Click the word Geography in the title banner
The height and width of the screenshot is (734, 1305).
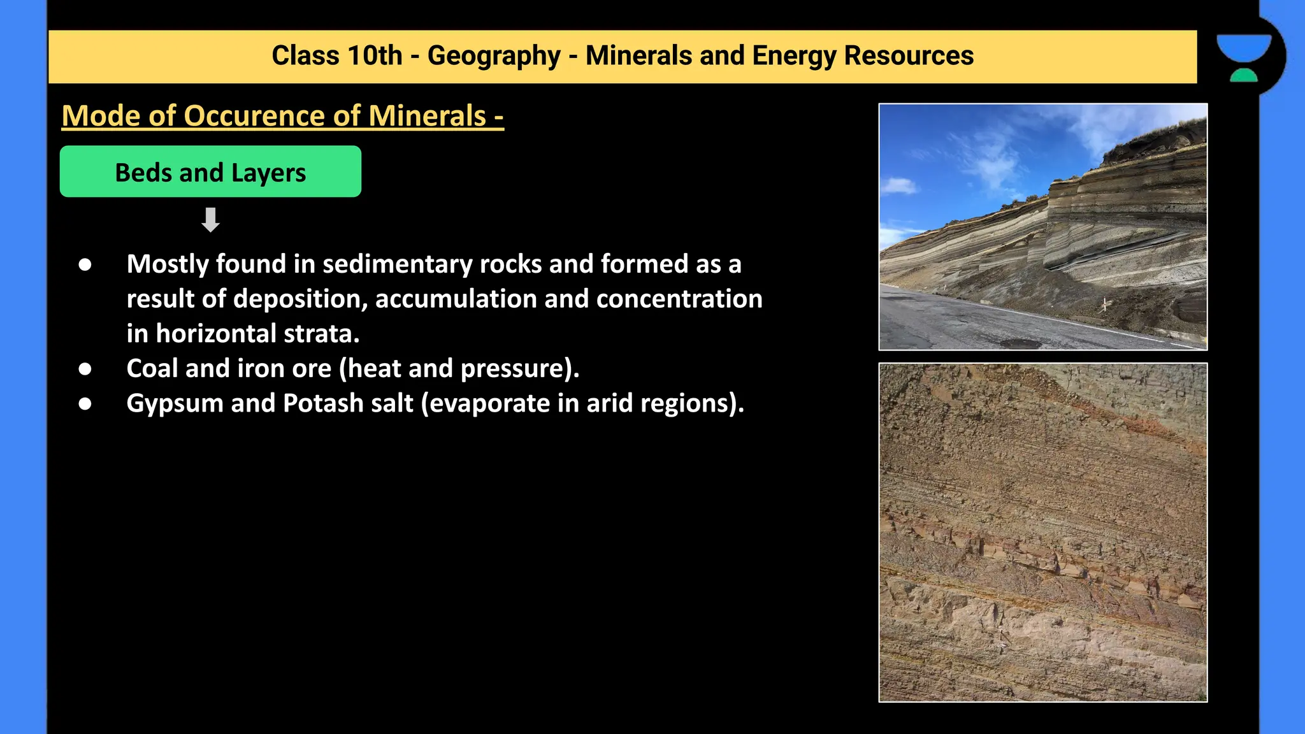[493, 56]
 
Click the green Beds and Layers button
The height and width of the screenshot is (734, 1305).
[210, 172]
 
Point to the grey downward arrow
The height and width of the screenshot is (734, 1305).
[210, 220]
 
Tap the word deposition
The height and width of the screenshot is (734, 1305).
[300, 299]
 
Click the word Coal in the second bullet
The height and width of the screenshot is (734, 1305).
[152, 368]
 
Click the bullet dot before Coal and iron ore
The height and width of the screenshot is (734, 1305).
[85, 369]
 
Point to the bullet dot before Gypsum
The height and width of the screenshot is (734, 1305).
[85, 404]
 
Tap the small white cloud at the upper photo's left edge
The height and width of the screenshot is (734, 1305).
[899, 186]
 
